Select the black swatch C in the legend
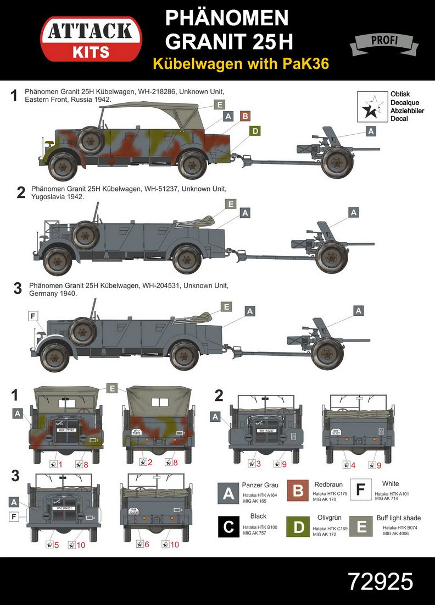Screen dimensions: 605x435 coord(227,526)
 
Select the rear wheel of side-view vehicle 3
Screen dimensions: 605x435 coord(185,355)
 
